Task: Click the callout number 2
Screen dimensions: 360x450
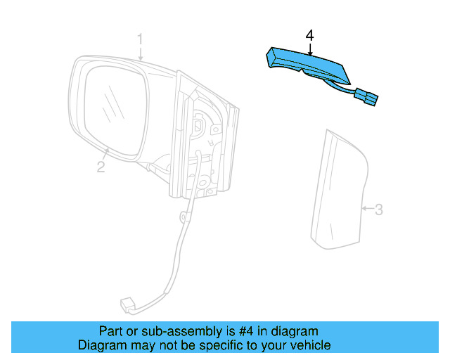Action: pos(101,167)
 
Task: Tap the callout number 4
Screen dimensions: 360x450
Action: pos(310,34)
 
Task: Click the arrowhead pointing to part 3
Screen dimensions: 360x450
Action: pos(363,209)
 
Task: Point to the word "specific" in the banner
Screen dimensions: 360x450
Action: pos(223,345)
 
